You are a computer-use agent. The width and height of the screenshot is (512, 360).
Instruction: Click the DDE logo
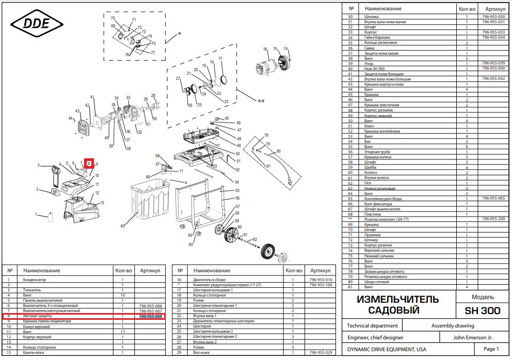pos(36,22)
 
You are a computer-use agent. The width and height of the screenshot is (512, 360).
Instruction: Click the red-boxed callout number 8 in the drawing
pos(89,163)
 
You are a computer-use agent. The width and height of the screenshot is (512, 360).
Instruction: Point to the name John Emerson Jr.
pos(473,337)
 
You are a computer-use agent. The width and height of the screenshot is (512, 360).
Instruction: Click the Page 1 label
pos(491,349)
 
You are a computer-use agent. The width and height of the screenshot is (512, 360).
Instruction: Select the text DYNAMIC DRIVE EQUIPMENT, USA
pos(387,349)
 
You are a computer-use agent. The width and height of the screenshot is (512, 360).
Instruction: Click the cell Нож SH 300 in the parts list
pos(374,69)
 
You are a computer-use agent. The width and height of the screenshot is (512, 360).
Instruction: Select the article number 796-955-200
pos(494,219)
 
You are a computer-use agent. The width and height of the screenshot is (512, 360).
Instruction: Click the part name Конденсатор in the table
pos(35,280)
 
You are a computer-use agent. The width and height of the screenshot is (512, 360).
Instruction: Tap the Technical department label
pos(372,326)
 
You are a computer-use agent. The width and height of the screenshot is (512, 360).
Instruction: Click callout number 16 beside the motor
pos(265,49)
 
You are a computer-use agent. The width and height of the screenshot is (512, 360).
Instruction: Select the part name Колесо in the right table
pos(371,172)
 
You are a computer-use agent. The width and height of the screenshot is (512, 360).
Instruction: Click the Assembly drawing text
pos(452,326)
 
